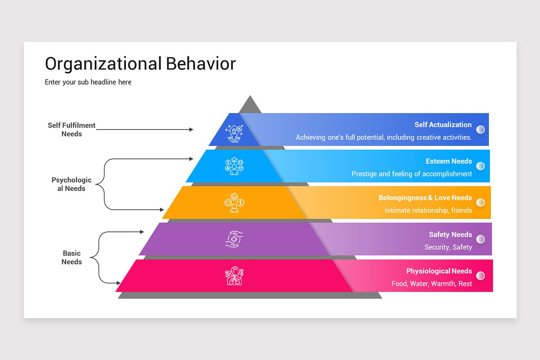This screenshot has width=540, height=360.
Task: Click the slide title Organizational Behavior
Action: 140,64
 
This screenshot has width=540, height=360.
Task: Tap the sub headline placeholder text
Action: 88,82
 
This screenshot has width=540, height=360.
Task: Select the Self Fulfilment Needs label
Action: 72,130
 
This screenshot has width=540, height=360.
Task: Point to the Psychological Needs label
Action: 72,184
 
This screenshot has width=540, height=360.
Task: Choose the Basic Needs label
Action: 72,257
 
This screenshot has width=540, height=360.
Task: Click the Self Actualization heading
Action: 443,125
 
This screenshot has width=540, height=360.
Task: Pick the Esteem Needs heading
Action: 449,161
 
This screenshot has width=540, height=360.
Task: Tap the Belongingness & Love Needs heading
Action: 425,198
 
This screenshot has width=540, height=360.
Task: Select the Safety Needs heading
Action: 450,234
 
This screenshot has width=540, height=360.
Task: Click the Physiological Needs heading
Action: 439,271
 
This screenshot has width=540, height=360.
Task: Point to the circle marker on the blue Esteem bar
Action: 481,166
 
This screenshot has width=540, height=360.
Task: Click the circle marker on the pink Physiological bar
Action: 481,276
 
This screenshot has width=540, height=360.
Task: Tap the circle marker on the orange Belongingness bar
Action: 481,202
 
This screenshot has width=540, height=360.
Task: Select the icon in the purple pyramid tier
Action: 234,239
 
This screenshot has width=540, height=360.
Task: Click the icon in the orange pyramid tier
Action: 234,202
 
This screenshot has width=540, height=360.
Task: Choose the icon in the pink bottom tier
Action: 234,276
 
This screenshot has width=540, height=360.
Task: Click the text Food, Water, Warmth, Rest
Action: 432,283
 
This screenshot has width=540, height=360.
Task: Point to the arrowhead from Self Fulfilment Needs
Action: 191,130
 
